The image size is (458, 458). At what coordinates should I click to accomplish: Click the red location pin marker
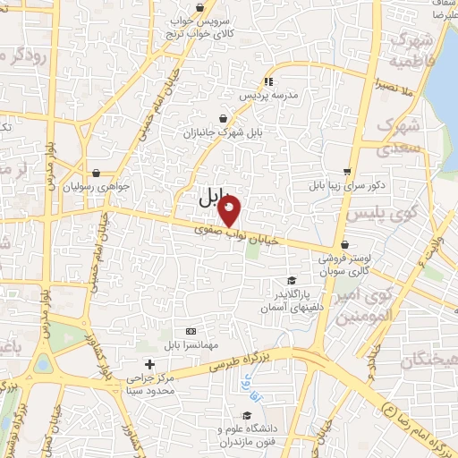pyautogui.click(x=230, y=212)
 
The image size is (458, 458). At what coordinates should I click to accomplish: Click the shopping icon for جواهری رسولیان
pyautogui.click(x=96, y=173)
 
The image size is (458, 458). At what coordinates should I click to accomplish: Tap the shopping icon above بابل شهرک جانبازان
pyautogui.click(x=223, y=118)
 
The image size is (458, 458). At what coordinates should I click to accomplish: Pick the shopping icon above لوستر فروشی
pyautogui.click(x=344, y=245)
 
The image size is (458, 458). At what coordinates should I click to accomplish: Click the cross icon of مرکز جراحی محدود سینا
pyautogui.click(x=149, y=364)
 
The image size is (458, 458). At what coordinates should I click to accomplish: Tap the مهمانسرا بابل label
pyautogui.click(x=190, y=344)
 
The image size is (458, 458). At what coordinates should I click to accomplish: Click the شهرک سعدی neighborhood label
pyautogui.click(x=394, y=136)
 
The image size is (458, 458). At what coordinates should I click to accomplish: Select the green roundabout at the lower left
pyautogui.click(x=42, y=365)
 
